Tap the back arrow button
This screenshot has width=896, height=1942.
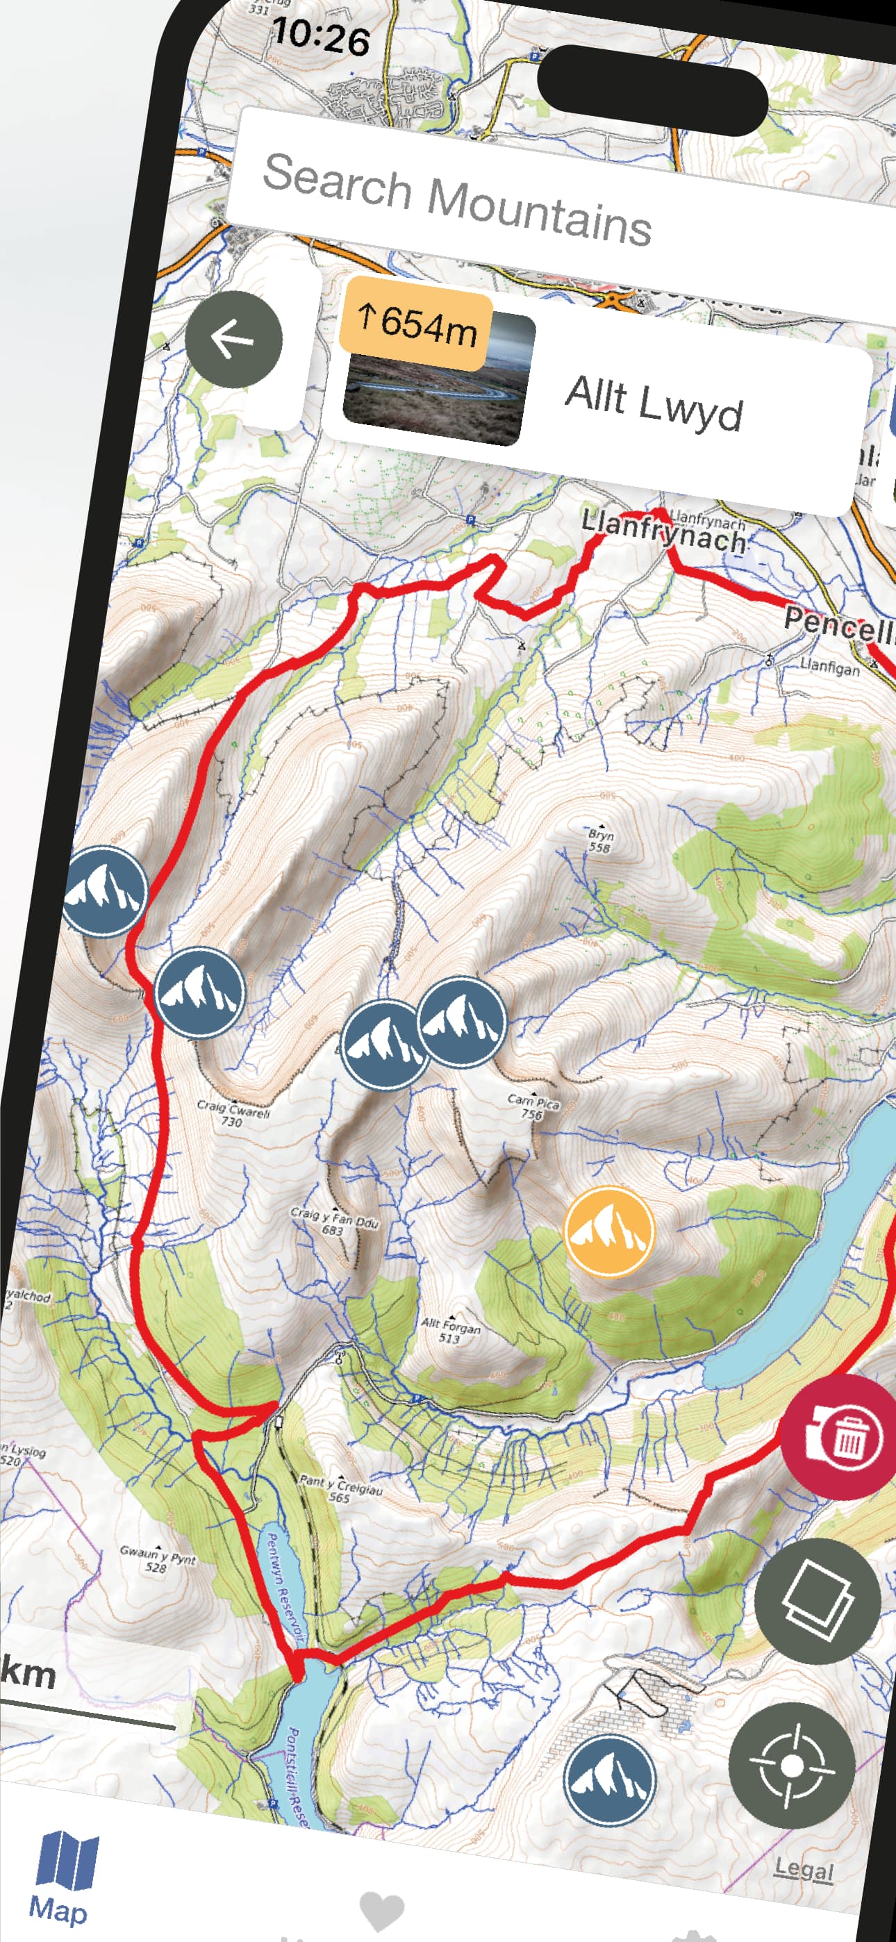(x=234, y=339)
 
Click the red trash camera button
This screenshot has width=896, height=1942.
(x=841, y=1436)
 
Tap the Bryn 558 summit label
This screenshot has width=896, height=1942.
(x=600, y=839)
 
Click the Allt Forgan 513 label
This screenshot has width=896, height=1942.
(x=450, y=1331)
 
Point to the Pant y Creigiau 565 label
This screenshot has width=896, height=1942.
(x=341, y=1489)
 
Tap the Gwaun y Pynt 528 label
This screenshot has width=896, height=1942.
(x=157, y=1559)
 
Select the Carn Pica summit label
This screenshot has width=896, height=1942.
(x=533, y=1106)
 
